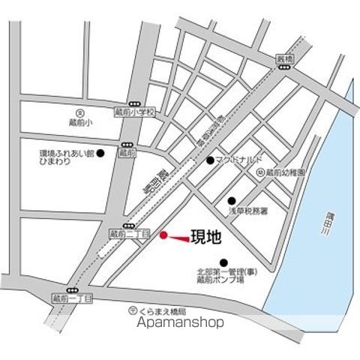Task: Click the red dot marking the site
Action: (163, 235)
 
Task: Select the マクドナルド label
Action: (239, 160)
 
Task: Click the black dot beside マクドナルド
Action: (210, 160)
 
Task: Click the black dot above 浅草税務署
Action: (231, 200)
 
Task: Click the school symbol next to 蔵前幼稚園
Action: (259, 172)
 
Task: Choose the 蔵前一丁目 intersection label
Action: (73, 298)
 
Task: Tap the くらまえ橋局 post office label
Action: (160, 310)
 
